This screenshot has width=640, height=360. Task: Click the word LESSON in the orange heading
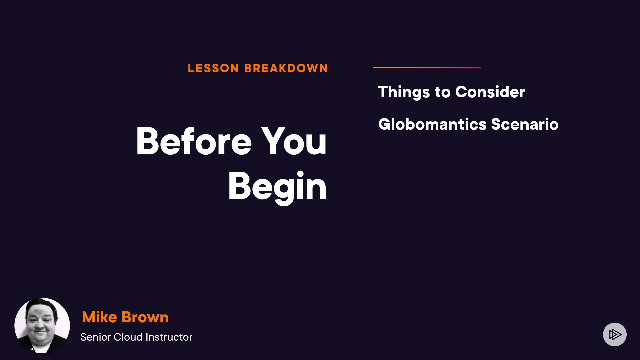click(213, 68)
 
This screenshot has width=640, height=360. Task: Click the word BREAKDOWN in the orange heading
click(286, 68)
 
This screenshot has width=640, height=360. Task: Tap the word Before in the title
click(194, 141)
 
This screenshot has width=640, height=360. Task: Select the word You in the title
click(294, 141)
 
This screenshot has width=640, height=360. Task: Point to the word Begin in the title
click(277, 187)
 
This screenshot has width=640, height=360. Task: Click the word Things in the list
click(404, 92)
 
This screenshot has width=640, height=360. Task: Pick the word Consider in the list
click(490, 92)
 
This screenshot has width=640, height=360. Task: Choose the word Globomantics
click(432, 124)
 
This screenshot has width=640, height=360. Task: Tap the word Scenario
click(525, 124)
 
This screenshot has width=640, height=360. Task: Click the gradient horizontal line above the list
click(427, 68)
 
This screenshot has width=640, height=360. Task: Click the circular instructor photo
click(42, 325)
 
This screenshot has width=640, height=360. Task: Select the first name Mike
click(99, 317)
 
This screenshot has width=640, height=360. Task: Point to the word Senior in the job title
click(96, 337)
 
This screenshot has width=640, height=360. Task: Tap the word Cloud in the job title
click(128, 337)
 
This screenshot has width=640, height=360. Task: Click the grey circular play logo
click(615, 334)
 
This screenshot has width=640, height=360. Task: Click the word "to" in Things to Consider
click(442, 92)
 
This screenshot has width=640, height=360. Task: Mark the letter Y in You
click(273, 141)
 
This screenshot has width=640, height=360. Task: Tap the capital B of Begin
click(239, 186)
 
